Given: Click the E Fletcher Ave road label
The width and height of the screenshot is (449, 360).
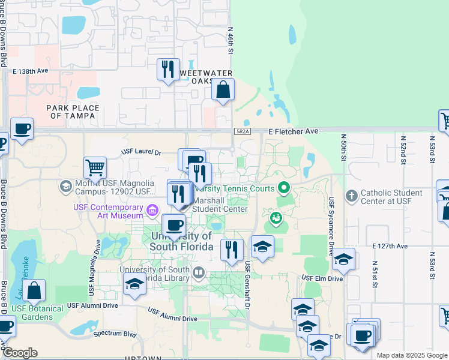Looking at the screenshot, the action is pyautogui.click(x=293, y=131).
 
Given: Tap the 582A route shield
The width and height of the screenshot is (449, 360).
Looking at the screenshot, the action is pyautogui.click(x=241, y=131).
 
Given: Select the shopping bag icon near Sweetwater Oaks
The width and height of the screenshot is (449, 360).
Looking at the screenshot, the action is pyautogui.click(x=223, y=91).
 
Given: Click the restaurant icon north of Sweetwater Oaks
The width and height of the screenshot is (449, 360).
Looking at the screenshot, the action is pyautogui.click(x=169, y=69).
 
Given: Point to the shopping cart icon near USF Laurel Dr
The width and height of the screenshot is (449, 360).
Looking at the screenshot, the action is pyautogui.click(x=95, y=167).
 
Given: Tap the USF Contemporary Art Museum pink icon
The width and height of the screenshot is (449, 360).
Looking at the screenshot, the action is pyautogui.click(x=152, y=210).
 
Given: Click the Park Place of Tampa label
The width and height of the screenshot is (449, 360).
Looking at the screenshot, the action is pyautogui.click(x=73, y=112).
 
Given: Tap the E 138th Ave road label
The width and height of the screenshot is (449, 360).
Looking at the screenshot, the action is pyautogui.click(x=30, y=71).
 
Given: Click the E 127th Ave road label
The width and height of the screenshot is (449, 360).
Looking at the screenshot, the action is pyautogui.click(x=390, y=246).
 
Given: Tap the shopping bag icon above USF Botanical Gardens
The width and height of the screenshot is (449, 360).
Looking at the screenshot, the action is pyautogui.click(x=35, y=290).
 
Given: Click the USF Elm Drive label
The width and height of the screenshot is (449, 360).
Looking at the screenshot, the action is pyautogui.click(x=322, y=278).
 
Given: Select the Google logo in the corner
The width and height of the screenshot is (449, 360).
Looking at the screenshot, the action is pyautogui.click(x=20, y=353).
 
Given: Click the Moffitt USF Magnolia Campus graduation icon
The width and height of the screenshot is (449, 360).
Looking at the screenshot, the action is pyautogui.click(x=65, y=187).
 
